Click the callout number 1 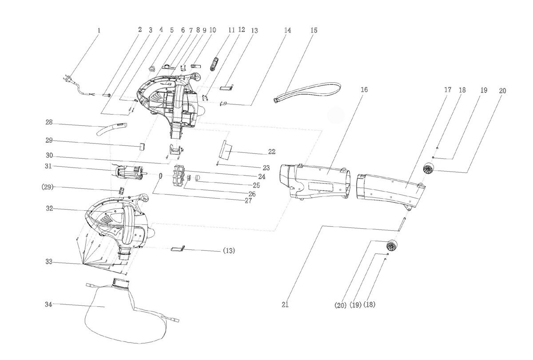[99, 31]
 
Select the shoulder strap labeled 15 [311, 89]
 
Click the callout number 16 [364, 90]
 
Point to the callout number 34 [48, 304]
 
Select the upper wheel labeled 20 [428, 168]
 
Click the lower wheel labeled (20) [392, 245]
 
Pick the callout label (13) [228, 251]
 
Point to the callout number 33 [48, 262]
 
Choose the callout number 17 [448, 90]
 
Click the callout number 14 [287, 31]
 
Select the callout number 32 [48, 208]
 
